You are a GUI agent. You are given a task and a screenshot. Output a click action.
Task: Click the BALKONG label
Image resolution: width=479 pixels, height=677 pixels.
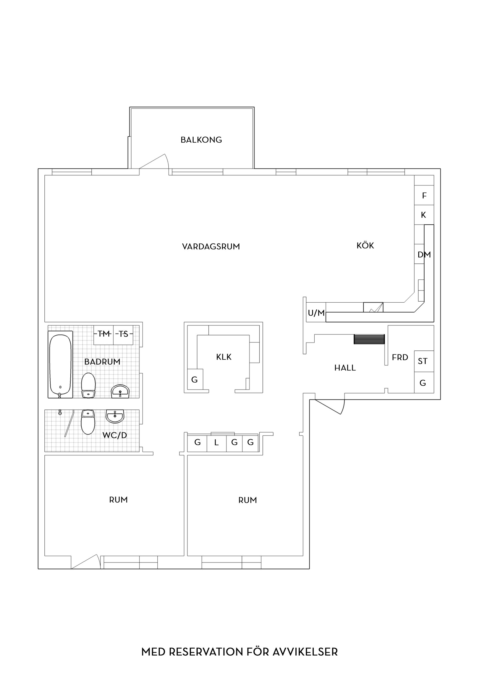(201, 140)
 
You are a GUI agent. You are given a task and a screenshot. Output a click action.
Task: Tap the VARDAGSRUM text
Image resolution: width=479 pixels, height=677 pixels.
(211, 247)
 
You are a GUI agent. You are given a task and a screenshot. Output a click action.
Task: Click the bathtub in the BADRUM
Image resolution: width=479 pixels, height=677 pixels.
(60, 364)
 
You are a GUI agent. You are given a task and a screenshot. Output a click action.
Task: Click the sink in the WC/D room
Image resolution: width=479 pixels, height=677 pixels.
(115, 416)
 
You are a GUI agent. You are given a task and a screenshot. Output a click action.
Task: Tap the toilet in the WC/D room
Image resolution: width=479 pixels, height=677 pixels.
(88, 422)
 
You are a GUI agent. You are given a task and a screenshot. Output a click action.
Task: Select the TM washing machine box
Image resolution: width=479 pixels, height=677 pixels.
(104, 335)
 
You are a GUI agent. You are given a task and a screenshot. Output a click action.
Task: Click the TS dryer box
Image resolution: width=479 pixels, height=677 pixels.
(123, 335)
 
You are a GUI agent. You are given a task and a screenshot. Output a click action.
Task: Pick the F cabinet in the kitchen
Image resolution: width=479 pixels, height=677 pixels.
(424, 195)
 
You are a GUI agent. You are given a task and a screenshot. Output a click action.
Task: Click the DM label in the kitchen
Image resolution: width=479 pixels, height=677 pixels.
(424, 254)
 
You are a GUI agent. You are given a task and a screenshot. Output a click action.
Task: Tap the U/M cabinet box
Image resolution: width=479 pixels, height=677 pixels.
(316, 312)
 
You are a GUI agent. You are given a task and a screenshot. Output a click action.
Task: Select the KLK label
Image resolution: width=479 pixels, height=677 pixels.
(224, 357)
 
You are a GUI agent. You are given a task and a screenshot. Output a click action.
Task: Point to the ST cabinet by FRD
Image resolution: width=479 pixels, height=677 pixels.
(424, 361)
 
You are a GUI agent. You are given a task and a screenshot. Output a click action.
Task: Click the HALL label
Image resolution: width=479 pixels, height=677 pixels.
(345, 368)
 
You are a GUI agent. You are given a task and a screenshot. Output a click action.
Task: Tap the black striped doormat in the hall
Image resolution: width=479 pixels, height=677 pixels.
(369, 339)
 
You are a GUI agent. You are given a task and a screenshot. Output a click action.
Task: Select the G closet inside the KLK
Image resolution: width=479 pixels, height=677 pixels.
(195, 379)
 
